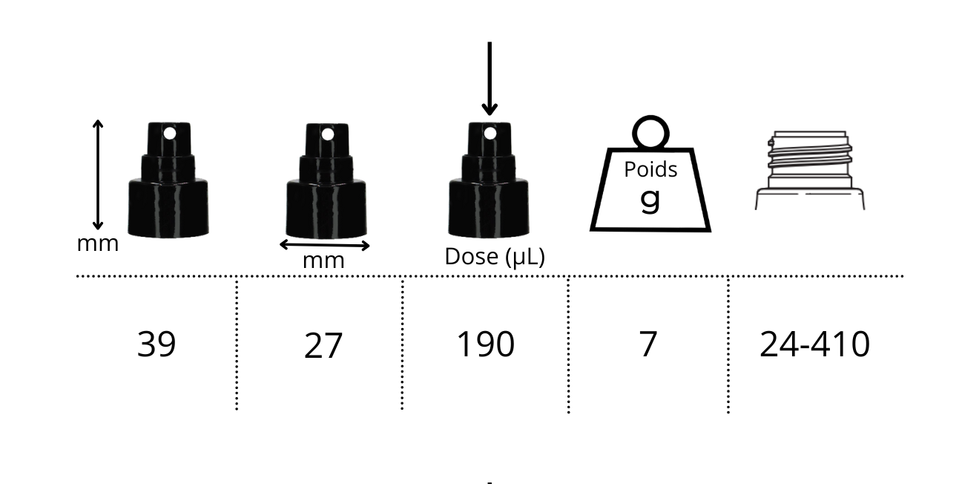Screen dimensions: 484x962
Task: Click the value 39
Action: coord(157,344)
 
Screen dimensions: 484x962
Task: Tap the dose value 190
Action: coord(485,344)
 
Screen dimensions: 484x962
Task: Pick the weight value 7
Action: coord(648,344)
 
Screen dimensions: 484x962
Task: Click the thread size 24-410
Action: coord(814,344)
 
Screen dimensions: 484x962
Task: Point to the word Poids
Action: coord(650,170)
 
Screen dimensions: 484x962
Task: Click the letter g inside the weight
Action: coord(650,198)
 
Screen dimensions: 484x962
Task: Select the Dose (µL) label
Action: coord(495,257)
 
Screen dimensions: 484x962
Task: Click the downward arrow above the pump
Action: coord(490,78)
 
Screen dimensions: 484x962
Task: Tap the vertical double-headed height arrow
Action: coord(97,174)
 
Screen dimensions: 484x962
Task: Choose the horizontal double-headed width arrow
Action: coord(324,244)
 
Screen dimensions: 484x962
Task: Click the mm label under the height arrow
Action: coord(98,243)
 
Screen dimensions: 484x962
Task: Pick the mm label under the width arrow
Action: coord(323,261)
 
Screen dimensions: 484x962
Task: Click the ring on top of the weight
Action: coord(650,132)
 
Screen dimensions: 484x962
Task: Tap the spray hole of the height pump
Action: coord(170,134)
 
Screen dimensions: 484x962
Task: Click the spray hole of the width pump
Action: coord(327,134)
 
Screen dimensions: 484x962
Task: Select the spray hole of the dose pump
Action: coord(490,134)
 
